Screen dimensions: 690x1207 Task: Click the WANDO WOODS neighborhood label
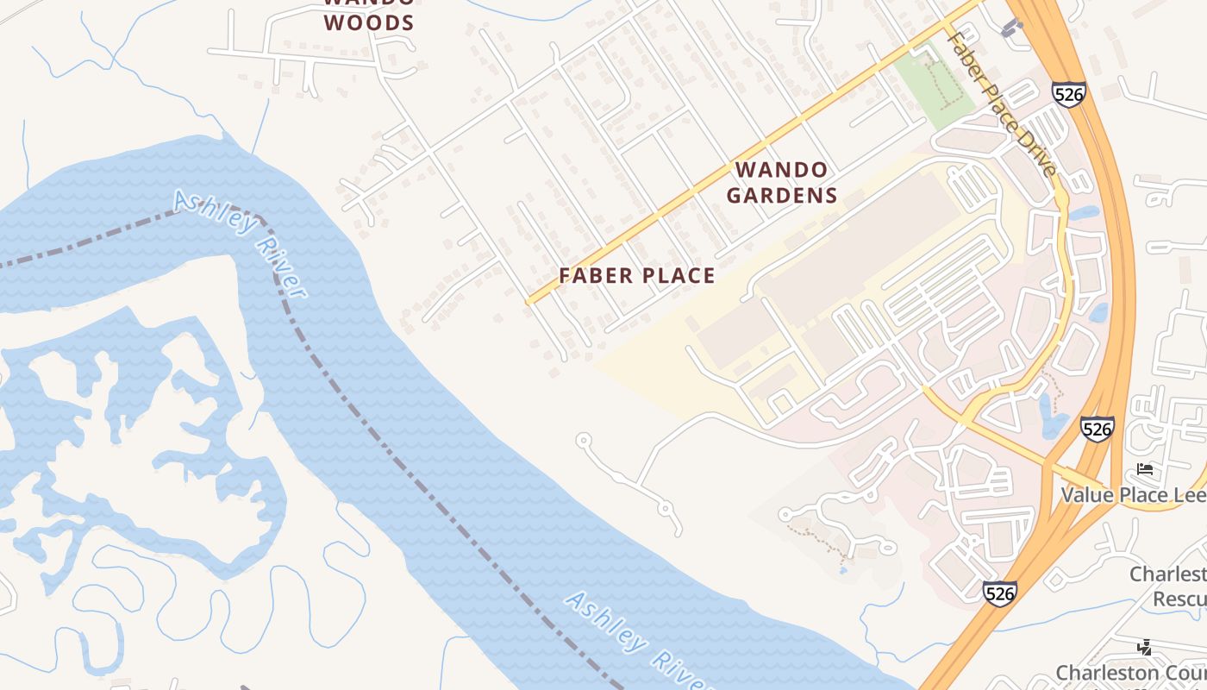tap(369, 12)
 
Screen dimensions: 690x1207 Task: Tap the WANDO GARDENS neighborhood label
tap(782, 183)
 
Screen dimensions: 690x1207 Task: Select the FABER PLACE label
tap(637, 276)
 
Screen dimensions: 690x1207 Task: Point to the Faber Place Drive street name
tap(1001, 103)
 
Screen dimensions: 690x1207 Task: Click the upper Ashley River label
tap(241, 244)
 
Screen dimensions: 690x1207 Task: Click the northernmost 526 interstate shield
tap(1068, 94)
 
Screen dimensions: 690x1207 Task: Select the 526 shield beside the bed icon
tap(1097, 429)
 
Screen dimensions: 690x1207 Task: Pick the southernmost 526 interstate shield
tap(998, 593)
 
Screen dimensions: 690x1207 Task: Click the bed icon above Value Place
tap(1145, 469)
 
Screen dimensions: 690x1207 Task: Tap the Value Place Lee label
tap(1133, 495)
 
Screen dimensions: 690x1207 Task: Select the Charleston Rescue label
tap(1168, 586)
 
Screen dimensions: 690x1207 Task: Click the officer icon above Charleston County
tap(1145, 646)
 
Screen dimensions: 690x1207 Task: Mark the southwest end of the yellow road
tap(528, 302)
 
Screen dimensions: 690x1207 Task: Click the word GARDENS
tap(782, 196)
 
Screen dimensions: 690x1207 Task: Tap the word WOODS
tap(369, 22)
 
